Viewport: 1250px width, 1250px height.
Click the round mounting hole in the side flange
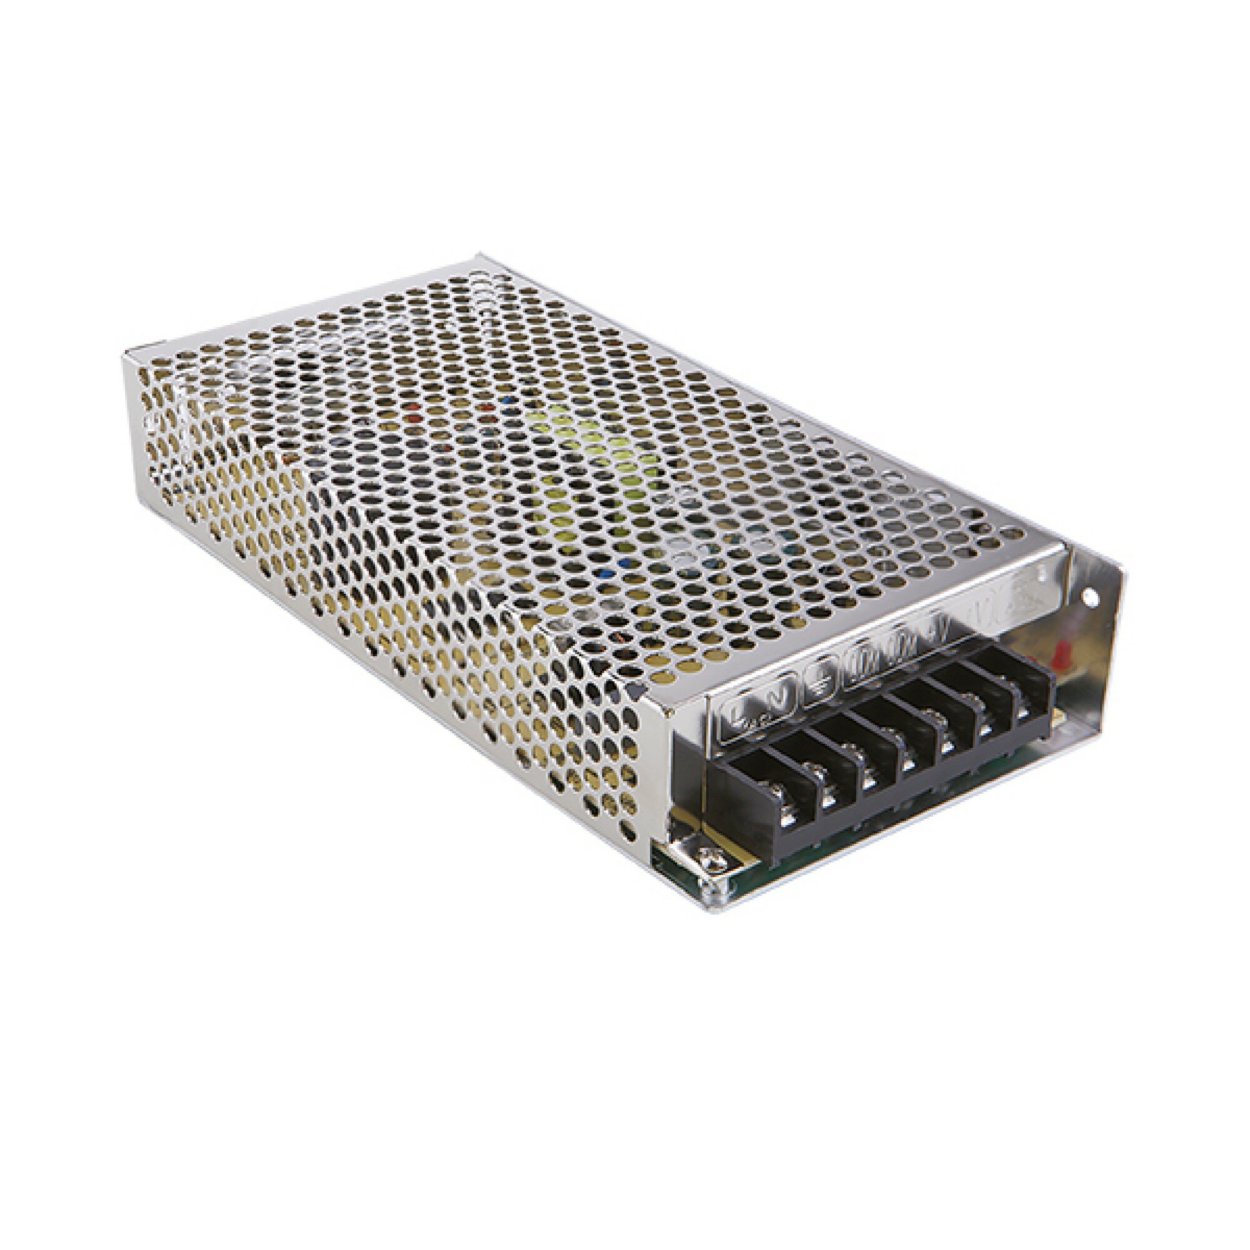[x=1091, y=599]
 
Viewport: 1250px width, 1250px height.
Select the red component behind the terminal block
[x=1062, y=657]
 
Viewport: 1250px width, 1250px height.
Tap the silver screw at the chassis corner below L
[x=714, y=859]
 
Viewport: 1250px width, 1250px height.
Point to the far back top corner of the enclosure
[x=482, y=257]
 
